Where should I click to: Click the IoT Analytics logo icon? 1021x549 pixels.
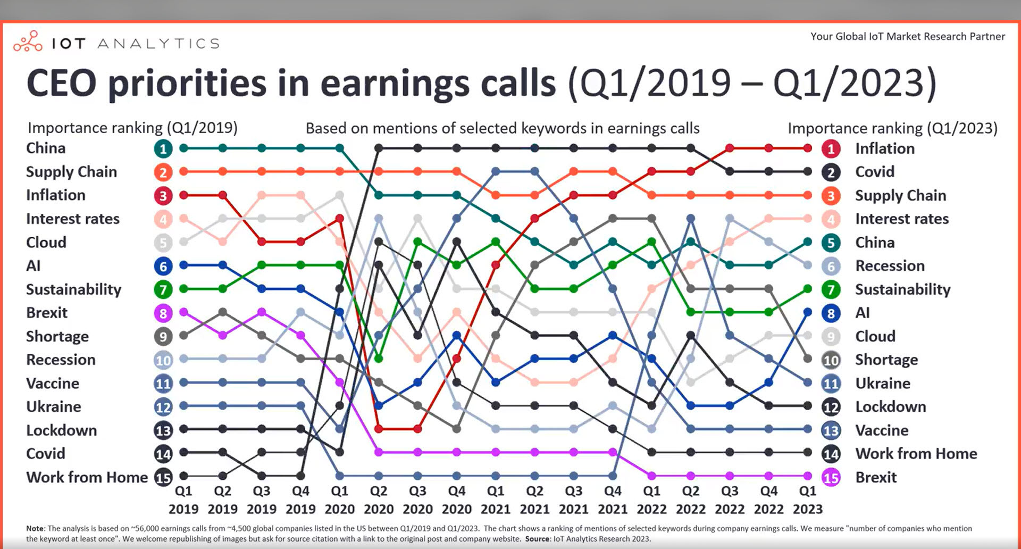(28, 41)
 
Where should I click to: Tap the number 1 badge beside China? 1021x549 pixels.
(163, 148)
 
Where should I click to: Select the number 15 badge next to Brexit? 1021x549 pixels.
(831, 478)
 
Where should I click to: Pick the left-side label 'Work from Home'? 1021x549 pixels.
(87, 477)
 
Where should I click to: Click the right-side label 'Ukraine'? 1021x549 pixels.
(882, 383)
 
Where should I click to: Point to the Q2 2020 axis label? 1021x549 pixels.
(379, 500)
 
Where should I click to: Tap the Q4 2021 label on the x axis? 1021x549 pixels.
(613, 500)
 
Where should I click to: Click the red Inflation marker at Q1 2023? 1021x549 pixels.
(808, 148)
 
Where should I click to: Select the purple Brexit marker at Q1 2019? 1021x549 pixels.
(183, 312)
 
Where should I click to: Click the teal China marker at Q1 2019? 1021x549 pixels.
(183, 148)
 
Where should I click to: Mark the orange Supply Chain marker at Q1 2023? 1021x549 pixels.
(808, 195)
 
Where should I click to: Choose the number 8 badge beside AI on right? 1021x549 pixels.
(831, 313)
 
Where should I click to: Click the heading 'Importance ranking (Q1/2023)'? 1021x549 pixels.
(892, 128)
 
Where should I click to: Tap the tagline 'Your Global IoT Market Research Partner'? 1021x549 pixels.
(907, 36)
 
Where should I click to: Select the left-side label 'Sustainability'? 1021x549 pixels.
(73, 289)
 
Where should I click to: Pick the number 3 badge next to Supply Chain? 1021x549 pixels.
(831, 196)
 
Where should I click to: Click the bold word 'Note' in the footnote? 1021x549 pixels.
(35, 528)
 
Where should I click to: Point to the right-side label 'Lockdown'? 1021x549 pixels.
(890, 407)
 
